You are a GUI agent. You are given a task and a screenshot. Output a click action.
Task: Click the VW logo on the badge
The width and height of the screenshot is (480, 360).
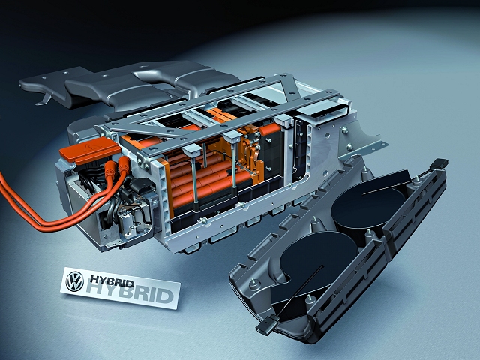point(75,281)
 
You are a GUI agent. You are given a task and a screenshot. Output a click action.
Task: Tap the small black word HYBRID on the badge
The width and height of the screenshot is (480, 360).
point(112,280)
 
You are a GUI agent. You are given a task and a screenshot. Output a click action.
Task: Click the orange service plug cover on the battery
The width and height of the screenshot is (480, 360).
point(90,150)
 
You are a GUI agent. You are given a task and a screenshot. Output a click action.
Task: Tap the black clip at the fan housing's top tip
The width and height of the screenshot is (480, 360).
point(439,163)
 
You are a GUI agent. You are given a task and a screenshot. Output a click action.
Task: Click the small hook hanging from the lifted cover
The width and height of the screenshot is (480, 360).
point(43,100)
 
